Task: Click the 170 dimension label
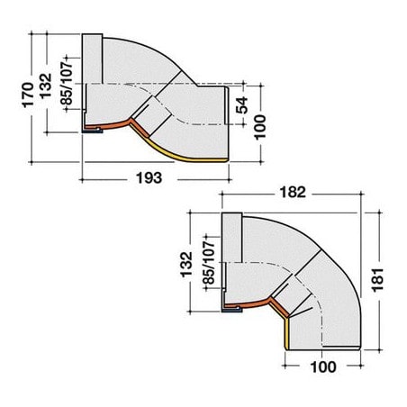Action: point(28,95)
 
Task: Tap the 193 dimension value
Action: point(149,177)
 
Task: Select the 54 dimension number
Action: point(242,105)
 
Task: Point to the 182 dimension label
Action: point(293,192)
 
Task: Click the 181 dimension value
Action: point(377,280)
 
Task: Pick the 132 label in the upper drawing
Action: point(46,86)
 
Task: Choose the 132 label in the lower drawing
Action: point(186,265)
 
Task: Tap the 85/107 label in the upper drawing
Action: point(67,84)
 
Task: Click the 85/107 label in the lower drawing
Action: point(209,262)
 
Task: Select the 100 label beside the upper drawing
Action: point(260,127)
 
